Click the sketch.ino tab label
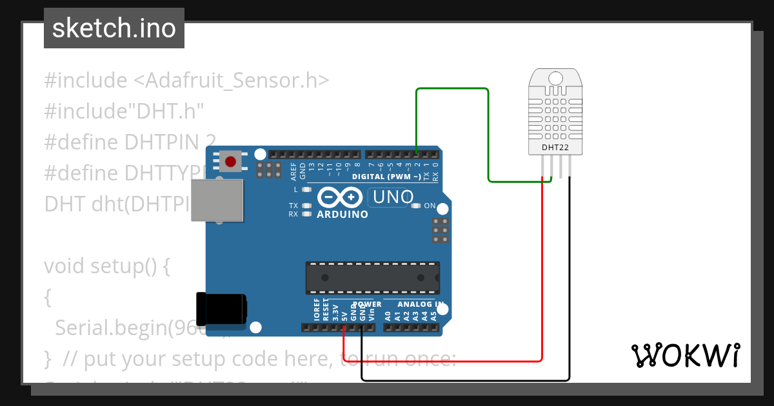(114, 28)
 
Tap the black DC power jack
(221, 309)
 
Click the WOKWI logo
(685, 355)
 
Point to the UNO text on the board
(390, 197)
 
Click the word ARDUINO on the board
(342, 214)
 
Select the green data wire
(451, 89)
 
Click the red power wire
(542, 271)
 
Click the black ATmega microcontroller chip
(372, 278)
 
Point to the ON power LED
(415, 206)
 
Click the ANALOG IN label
(419, 304)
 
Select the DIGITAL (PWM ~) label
(386, 177)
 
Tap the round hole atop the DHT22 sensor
(554, 79)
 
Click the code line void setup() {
(106, 266)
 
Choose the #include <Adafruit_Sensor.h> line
(186, 81)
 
